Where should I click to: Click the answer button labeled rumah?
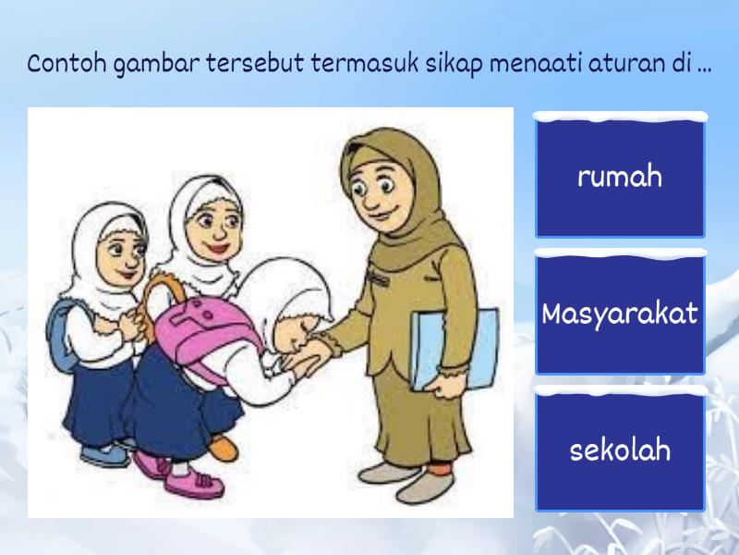[x=620, y=176]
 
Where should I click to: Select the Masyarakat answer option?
[x=620, y=313]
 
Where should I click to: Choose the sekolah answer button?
[x=620, y=450]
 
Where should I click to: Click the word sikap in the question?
[x=454, y=65]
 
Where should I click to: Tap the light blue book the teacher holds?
[x=454, y=350]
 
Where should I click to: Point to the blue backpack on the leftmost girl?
[x=60, y=335]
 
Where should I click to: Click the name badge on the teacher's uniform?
[x=378, y=279]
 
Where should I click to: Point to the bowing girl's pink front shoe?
[x=194, y=482]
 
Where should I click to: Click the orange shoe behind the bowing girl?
[x=223, y=447]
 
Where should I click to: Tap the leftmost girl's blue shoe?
[x=104, y=454]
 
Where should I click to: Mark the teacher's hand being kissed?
[x=311, y=355]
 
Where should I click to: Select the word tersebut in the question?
[x=255, y=64]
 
